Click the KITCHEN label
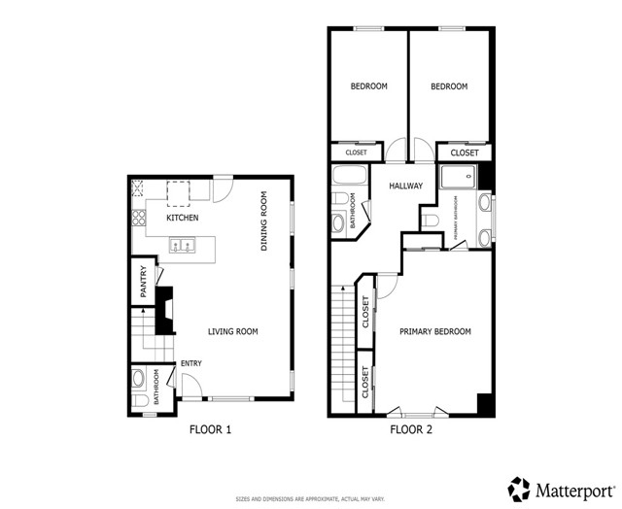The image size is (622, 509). point(182,219)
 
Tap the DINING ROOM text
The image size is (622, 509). point(263,221)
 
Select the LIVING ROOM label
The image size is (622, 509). point(233,332)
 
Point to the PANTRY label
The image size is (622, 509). point(143,283)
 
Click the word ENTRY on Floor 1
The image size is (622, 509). point(190,363)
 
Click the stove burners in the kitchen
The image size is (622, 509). point(139,217)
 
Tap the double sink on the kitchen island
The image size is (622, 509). point(182,246)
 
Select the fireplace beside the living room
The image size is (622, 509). point(165,311)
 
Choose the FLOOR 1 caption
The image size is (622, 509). point(211,429)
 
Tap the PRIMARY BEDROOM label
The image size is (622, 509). point(435,332)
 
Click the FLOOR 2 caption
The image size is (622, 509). point(411,429)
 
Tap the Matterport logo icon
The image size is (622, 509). point(520,487)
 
